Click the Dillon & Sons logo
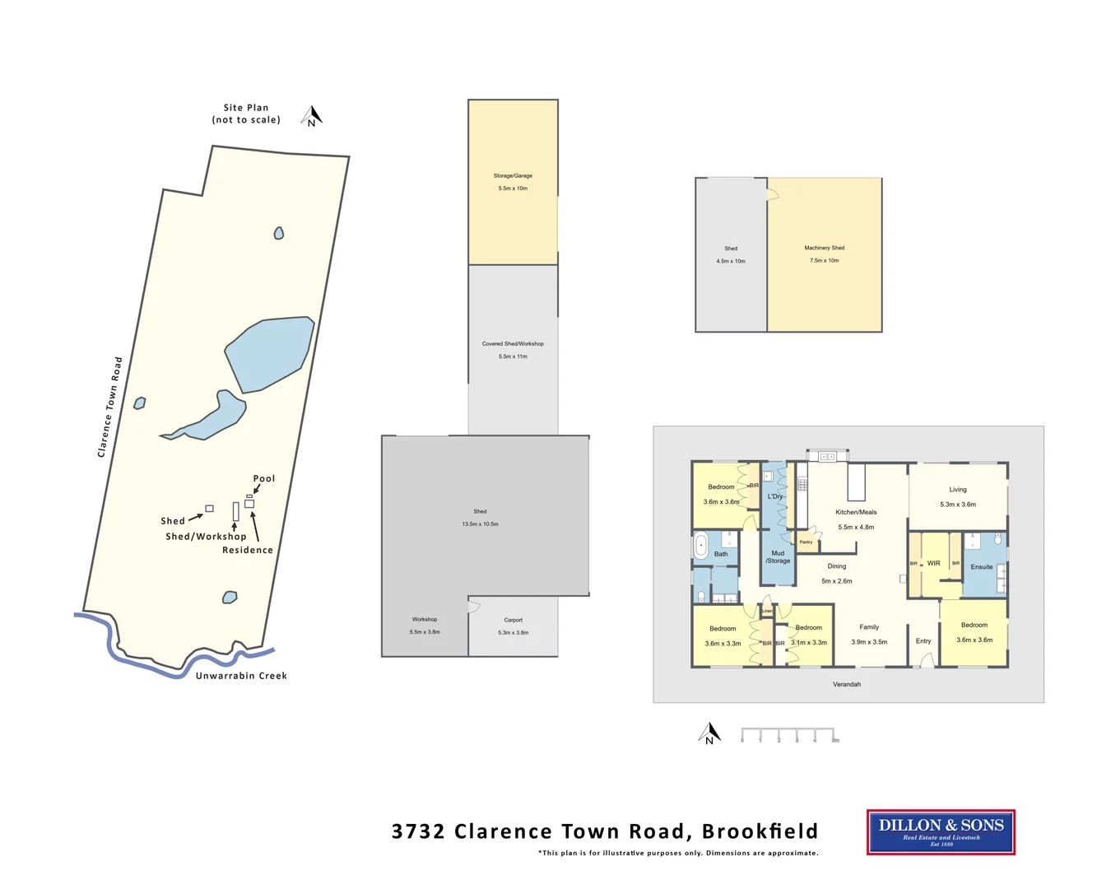tap(941, 831)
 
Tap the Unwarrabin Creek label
tap(241, 676)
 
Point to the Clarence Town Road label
tap(109, 407)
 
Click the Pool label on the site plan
tap(264, 478)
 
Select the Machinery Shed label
tap(824, 248)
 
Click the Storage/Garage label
tap(513, 175)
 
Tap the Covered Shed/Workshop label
tap(513, 344)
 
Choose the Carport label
tap(513, 620)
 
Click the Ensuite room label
tap(981, 566)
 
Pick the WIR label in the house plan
tap(933, 564)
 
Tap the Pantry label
tap(806, 542)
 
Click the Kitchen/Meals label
tap(856, 512)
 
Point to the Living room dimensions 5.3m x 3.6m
tap(958, 505)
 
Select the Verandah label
tap(846, 684)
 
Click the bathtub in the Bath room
tap(701, 546)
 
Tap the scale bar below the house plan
tap(788, 734)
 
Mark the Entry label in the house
tap(923, 641)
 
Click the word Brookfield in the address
tap(760, 831)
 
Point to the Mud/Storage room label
tap(778, 557)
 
